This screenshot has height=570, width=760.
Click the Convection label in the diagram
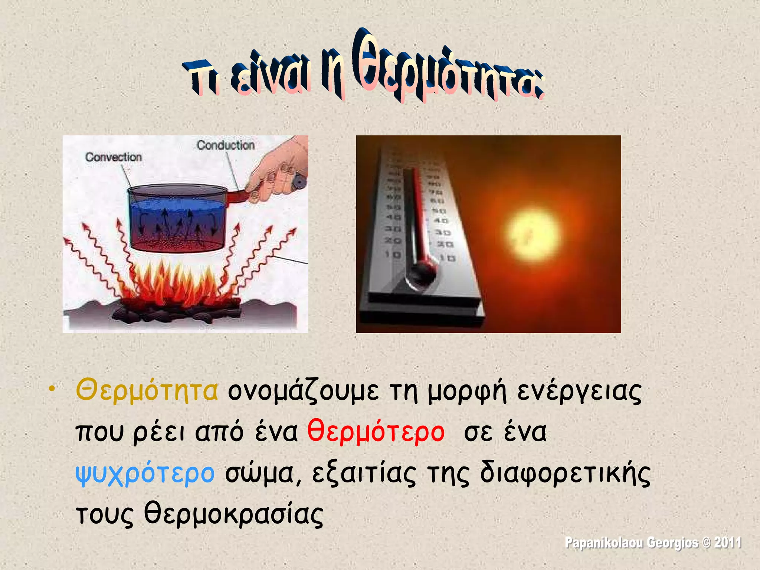coord(114,157)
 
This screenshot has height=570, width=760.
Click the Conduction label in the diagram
coord(226,145)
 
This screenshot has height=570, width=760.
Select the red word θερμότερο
coord(376,432)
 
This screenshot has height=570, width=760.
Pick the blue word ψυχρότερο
coord(145,474)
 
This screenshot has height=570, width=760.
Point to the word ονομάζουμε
coord(304,392)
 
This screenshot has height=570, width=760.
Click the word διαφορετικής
coord(565,474)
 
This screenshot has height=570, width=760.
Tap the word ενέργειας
coord(579,392)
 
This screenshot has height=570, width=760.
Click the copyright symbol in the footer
coord(707,543)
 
